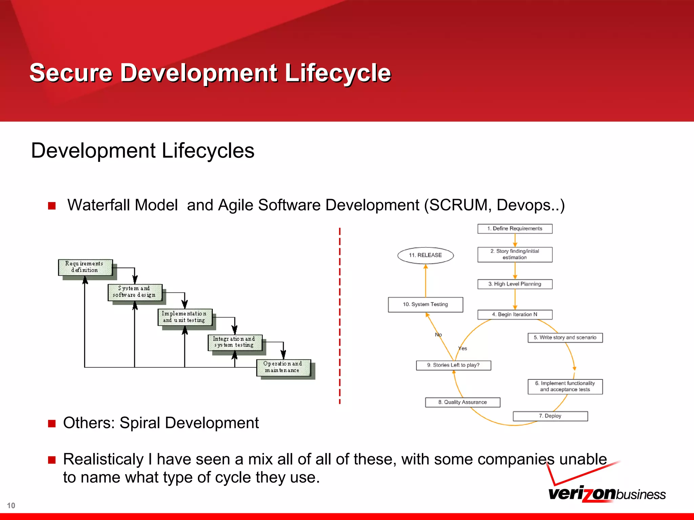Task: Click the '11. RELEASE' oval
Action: (x=425, y=255)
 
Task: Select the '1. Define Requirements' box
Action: (x=515, y=229)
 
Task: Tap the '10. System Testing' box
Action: (x=425, y=304)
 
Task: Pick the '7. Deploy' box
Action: (x=550, y=416)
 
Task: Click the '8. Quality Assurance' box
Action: (x=463, y=402)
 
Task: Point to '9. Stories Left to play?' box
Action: (x=453, y=365)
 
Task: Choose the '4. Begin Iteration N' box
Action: (x=515, y=315)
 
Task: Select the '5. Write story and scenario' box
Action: (x=565, y=338)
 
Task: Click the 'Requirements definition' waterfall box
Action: (x=85, y=267)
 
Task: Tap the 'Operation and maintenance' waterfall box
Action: (x=283, y=367)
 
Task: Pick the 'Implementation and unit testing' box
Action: (x=185, y=317)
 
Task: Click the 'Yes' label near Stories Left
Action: (x=463, y=348)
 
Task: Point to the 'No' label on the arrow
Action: (x=438, y=334)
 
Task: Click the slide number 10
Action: (x=11, y=505)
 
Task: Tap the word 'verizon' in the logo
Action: (x=581, y=494)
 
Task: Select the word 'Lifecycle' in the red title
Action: (x=338, y=73)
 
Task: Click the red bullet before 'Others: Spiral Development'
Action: (x=52, y=424)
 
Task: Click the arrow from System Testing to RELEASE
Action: (x=426, y=281)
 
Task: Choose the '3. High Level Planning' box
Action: (x=515, y=284)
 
